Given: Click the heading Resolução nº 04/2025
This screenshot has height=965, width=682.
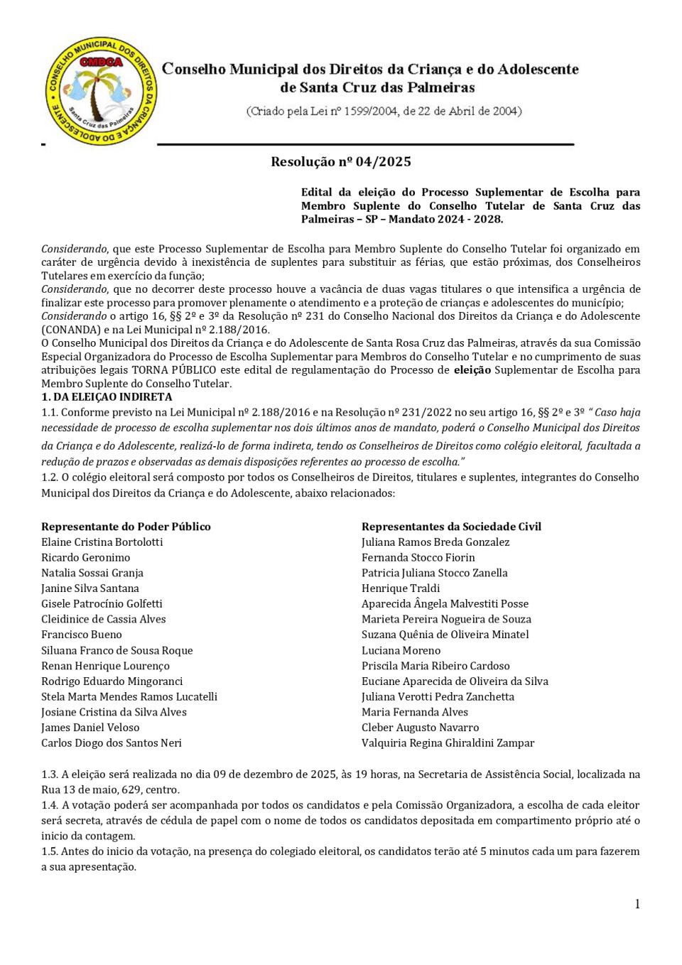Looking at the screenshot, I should coord(340,162).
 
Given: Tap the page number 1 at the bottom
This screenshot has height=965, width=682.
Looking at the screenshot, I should coord(637,904).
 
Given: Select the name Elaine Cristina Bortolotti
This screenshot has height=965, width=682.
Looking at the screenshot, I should coord(102,542).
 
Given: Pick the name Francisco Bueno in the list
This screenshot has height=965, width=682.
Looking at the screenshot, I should coord(81,635).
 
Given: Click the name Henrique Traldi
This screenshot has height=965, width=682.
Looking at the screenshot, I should coord(400,588).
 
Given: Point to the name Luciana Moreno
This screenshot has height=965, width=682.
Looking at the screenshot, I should coord(401,650).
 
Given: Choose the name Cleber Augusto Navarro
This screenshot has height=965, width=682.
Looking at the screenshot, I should coord(420,728).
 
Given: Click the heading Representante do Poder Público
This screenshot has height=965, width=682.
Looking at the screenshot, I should coord(126,527).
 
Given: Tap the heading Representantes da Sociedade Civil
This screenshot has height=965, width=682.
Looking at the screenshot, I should coord(451,527).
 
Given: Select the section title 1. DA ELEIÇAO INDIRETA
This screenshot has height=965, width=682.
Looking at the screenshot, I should coord(107,397).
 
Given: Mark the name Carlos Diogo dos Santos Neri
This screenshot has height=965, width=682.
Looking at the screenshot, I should coord(112,743).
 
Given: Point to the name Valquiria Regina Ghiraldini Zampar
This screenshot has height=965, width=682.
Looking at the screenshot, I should coord(448,743).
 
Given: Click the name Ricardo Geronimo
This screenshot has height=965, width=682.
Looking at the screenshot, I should coord(85,558).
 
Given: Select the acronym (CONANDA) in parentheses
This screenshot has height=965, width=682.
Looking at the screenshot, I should coord(71,330).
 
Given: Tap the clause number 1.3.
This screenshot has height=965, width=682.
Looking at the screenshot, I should coord(49,775).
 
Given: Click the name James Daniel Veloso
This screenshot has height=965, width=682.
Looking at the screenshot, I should coord(90,728).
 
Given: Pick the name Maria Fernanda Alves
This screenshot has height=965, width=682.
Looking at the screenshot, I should coord(414,712).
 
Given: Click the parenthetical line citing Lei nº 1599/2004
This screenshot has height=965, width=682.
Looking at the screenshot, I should coord(384,112).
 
